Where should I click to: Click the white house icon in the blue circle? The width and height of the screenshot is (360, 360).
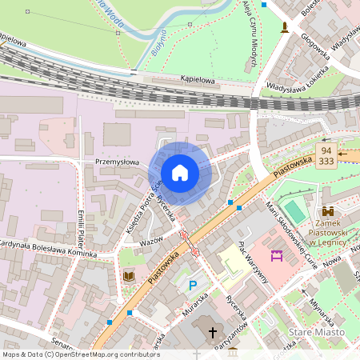tap(180, 173)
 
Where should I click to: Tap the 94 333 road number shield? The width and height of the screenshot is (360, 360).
tap(325, 155)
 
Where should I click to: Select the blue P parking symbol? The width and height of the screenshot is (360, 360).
tap(192, 285)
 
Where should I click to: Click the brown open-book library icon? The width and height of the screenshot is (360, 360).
tap(129, 276)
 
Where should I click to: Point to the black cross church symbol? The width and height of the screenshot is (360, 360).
tap(213, 331)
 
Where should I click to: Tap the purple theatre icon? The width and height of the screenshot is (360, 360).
tap(278, 255)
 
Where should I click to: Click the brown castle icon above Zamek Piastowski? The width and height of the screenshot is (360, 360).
tap(328, 210)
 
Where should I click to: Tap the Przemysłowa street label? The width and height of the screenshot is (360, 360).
tap(118, 161)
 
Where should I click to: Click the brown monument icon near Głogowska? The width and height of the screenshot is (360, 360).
tap(284, 29)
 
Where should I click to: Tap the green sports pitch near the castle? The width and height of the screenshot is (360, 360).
tap(294, 212)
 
